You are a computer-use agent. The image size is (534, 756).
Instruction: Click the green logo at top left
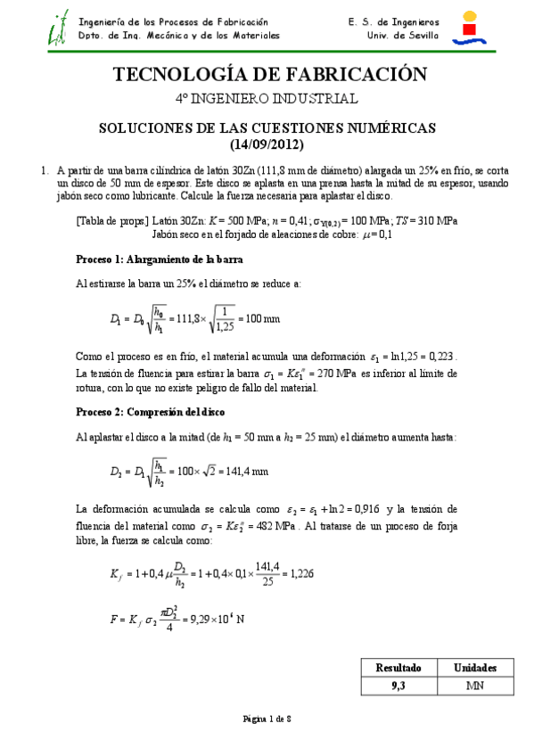point(58,29)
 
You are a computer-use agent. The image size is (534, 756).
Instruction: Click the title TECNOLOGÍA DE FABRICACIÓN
point(267,74)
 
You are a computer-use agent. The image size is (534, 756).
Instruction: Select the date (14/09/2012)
point(267,144)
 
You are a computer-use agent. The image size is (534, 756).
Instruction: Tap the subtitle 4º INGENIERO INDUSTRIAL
point(267,99)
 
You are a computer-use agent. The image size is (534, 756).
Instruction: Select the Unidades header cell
point(475,668)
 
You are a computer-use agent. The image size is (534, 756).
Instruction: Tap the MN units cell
point(475,686)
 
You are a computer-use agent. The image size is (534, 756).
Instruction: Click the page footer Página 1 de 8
point(267,719)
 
